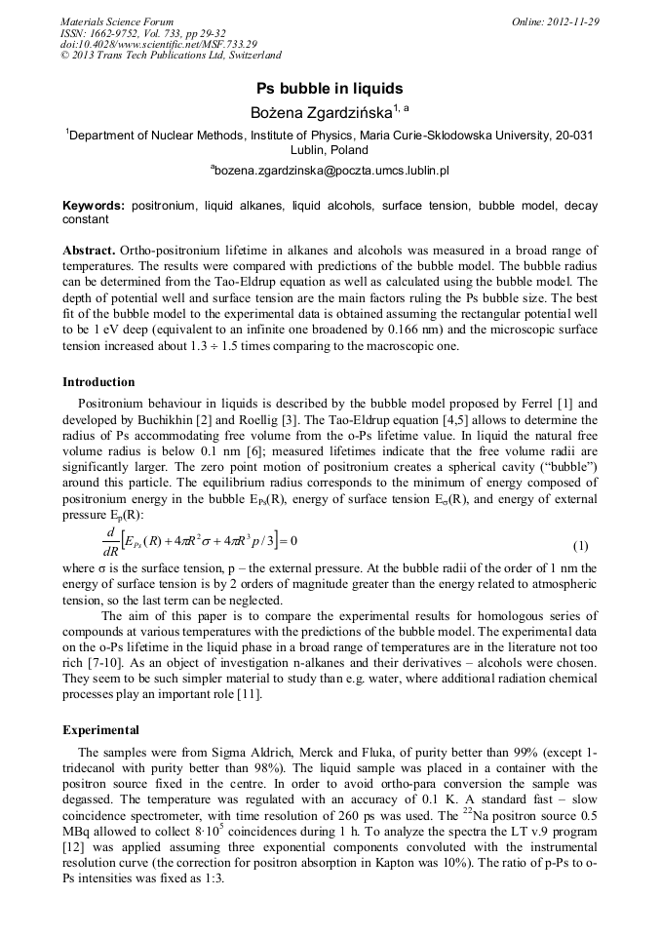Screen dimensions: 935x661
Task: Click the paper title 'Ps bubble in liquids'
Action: coord(330,88)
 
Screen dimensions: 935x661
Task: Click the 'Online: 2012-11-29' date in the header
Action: coord(556,21)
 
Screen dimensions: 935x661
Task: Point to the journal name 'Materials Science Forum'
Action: coord(117,21)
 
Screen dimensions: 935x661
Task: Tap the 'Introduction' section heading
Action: coord(98,381)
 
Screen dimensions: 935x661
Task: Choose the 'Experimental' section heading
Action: coord(100,729)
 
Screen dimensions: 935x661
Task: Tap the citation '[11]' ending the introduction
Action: coord(250,694)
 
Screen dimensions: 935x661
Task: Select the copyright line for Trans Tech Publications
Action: coord(171,56)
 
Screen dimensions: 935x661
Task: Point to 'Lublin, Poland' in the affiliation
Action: coord(330,150)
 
